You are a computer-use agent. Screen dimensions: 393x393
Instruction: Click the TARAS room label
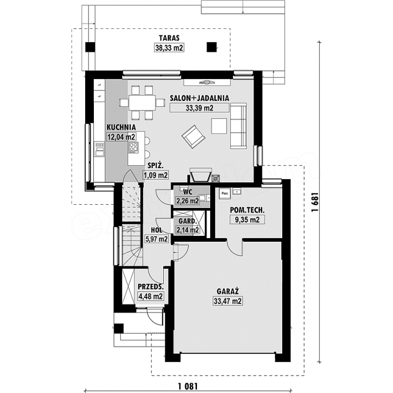coord(169,38)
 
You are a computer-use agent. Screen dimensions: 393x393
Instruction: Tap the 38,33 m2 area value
coord(169,47)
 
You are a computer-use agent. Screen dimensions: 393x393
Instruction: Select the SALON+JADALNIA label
coord(200,98)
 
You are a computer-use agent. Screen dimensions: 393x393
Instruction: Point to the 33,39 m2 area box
coord(200,108)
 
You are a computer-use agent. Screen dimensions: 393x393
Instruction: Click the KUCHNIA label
coord(121,127)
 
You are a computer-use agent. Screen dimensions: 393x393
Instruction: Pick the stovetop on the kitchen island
coord(133,147)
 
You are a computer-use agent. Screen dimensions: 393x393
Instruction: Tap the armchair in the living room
coord(193,136)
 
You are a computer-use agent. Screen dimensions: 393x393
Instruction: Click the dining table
coord(142,103)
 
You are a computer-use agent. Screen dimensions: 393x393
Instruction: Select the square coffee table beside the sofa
coord(219,126)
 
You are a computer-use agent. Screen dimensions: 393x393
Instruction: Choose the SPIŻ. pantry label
coord(156,166)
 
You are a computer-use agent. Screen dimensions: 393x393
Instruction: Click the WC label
coord(188,192)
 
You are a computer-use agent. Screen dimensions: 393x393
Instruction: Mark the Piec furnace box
coord(225,193)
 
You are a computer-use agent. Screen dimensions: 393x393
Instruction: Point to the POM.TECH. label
coord(247,210)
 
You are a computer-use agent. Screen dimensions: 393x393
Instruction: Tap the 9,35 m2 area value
coord(247,220)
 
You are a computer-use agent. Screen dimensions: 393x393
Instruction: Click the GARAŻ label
coord(228,291)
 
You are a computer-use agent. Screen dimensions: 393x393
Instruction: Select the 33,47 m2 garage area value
coord(228,301)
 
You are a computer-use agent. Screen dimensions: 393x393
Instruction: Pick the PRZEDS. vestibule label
coord(151,287)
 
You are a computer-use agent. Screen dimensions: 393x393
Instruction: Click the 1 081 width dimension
coord(188,386)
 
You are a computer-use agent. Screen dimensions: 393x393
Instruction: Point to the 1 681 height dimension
coord(315,202)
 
